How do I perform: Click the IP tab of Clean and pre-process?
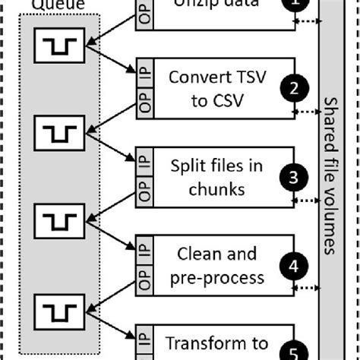pyautogui.click(x=144, y=252)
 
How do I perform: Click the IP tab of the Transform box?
pyautogui.click(x=144, y=341)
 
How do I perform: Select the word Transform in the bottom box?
pyautogui.click(x=197, y=343)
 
